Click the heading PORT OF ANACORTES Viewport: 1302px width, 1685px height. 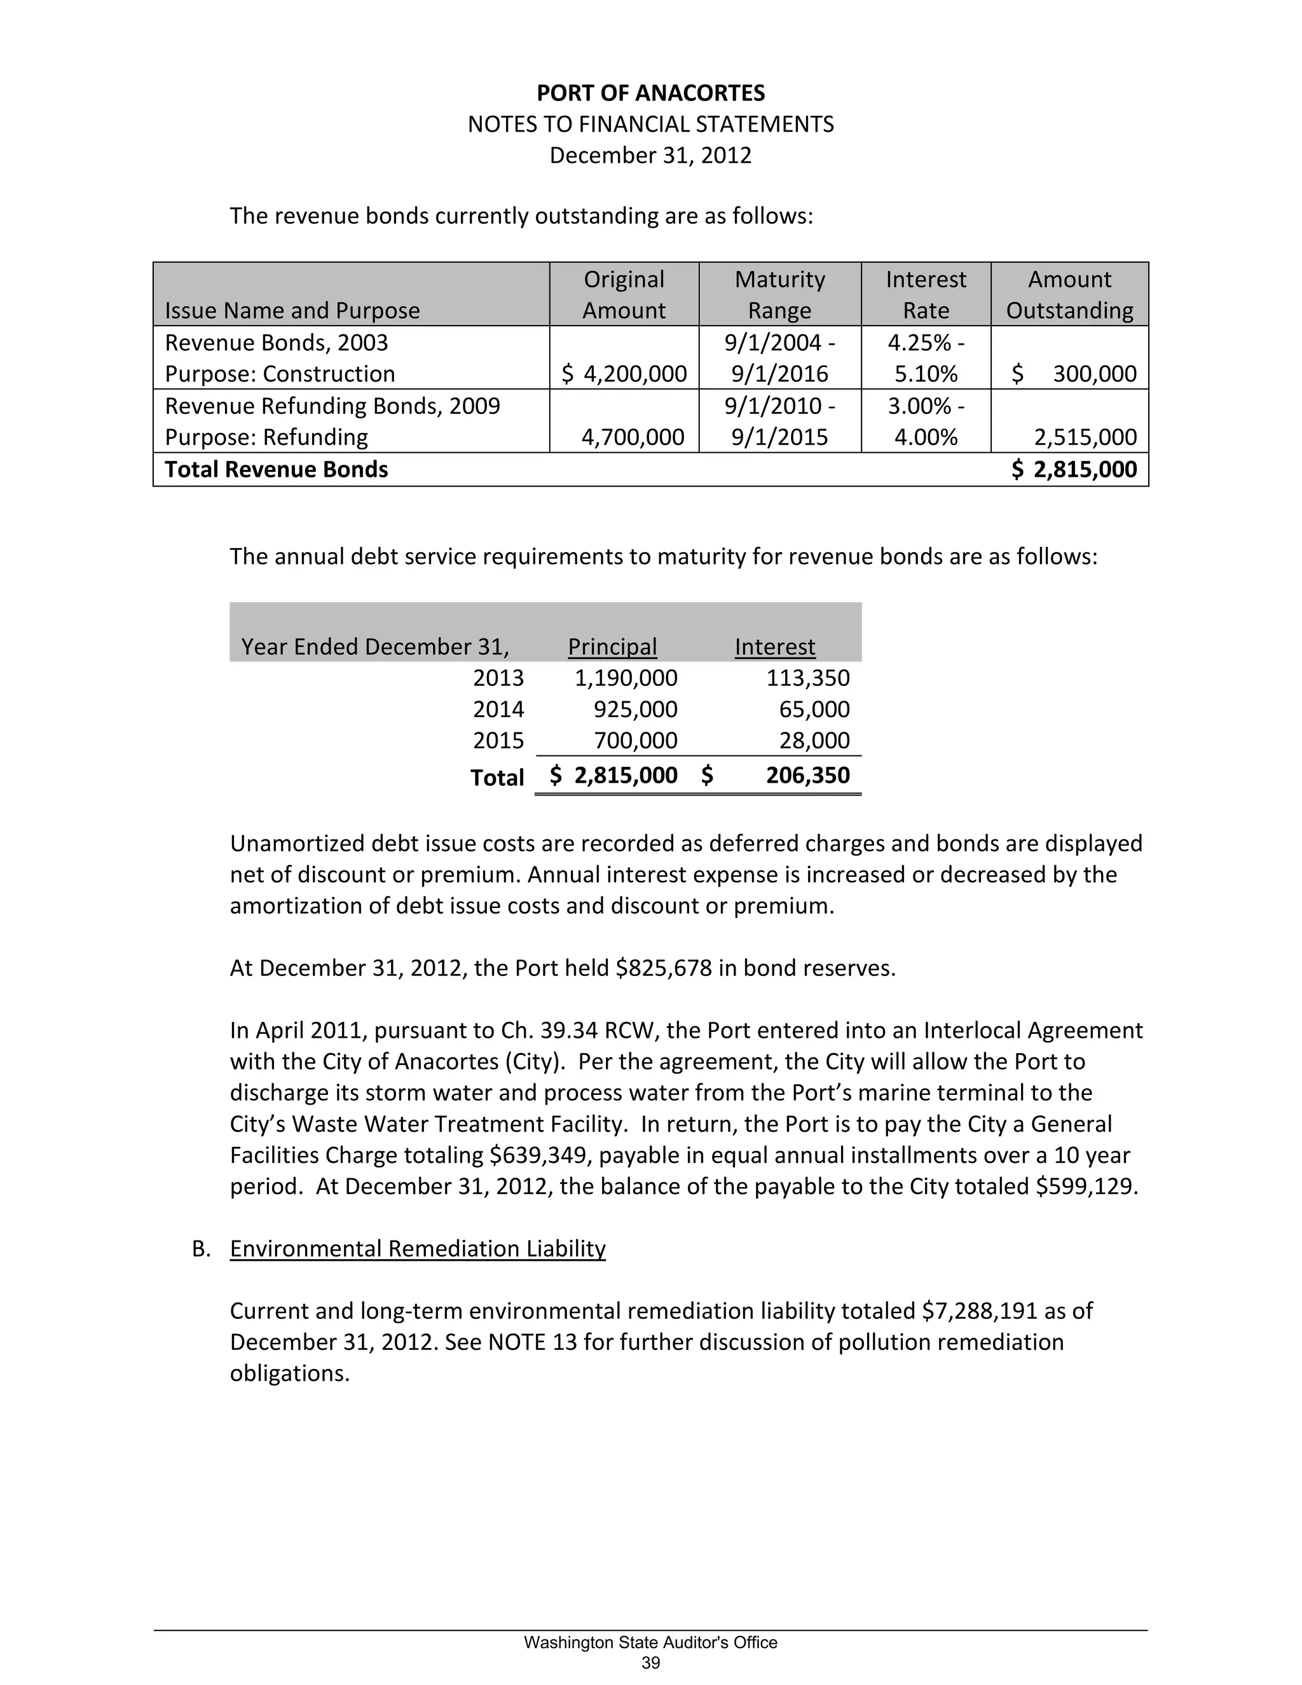pyautogui.click(x=650, y=93)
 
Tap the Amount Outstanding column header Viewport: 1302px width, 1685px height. pyautogui.click(x=1069, y=295)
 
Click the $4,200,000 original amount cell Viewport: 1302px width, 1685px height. pyautogui.click(x=624, y=374)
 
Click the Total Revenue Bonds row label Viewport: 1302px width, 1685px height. pyautogui.click(x=276, y=470)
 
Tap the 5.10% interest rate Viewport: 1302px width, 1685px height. pyautogui.click(x=926, y=374)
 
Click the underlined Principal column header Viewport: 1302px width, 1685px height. pyautogui.click(x=612, y=647)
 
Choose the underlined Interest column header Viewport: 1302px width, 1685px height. pyautogui.click(x=774, y=647)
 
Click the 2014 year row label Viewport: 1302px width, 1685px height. pyautogui.click(x=498, y=709)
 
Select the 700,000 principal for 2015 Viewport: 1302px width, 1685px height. pyautogui.click(x=636, y=741)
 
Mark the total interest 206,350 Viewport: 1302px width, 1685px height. pyautogui.click(x=807, y=775)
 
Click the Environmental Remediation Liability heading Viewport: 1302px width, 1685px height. pyautogui.click(x=417, y=1249)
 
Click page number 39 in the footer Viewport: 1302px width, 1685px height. pyautogui.click(x=650, y=1663)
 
